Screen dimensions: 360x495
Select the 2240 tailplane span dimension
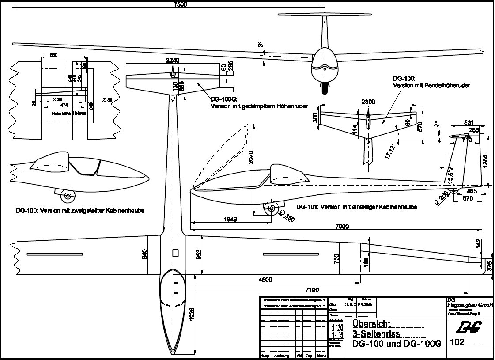[172, 61]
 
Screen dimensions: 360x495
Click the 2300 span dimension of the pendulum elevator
[368, 102]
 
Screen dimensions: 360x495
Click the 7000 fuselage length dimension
[342, 226]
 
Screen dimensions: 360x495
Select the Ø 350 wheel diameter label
[289, 219]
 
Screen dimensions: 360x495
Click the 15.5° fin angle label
[450, 174]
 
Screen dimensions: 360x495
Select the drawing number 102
[456, 342]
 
